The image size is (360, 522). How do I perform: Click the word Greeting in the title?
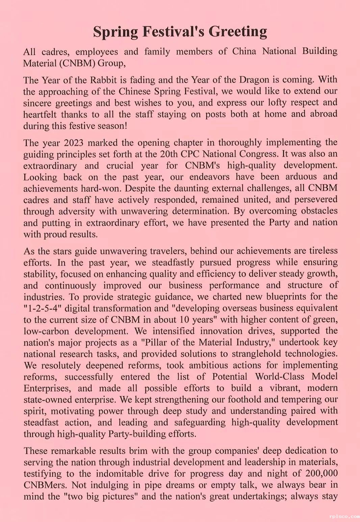click(238, 31)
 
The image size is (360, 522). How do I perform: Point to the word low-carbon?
click(46, 331)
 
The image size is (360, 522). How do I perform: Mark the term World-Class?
click(281, 377)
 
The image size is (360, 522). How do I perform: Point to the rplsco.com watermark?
click(343, 516)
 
